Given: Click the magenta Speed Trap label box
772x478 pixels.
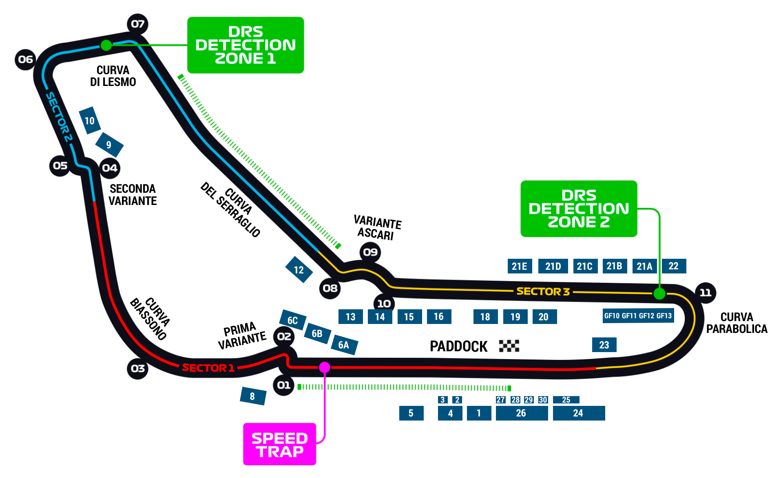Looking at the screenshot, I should (279, 444).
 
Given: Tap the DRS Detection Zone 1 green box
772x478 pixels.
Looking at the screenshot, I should (246, 45).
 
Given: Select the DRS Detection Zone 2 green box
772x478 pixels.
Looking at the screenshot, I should (579, 209).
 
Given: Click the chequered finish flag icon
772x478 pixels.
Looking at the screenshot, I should (509, 346).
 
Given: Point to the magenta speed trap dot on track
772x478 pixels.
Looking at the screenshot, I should (325, 367).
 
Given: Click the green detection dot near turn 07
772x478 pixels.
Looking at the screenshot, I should (106, 45).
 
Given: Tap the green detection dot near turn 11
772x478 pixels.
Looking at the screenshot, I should (659, 293).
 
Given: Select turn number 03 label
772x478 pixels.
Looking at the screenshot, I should (138, 369).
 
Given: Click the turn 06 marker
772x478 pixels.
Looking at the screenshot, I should (25, 59).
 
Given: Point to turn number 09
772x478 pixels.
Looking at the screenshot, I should (370, 252).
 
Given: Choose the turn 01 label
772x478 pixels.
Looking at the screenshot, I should (284, 385).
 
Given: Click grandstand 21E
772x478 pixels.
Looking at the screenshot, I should (520, 266).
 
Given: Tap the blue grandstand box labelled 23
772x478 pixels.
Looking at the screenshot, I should (604, 345).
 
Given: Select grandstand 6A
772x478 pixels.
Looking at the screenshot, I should (344, 345).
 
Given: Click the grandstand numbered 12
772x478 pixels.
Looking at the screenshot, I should (299, 270).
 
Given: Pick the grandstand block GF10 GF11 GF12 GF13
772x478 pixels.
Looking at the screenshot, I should (638, 316).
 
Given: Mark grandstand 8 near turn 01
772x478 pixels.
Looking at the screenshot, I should (253, 396).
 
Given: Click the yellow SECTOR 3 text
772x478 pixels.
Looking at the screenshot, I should (543, 291).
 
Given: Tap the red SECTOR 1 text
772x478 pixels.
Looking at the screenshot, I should (208, 368).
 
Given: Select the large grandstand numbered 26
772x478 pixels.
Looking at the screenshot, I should (521, 413).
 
